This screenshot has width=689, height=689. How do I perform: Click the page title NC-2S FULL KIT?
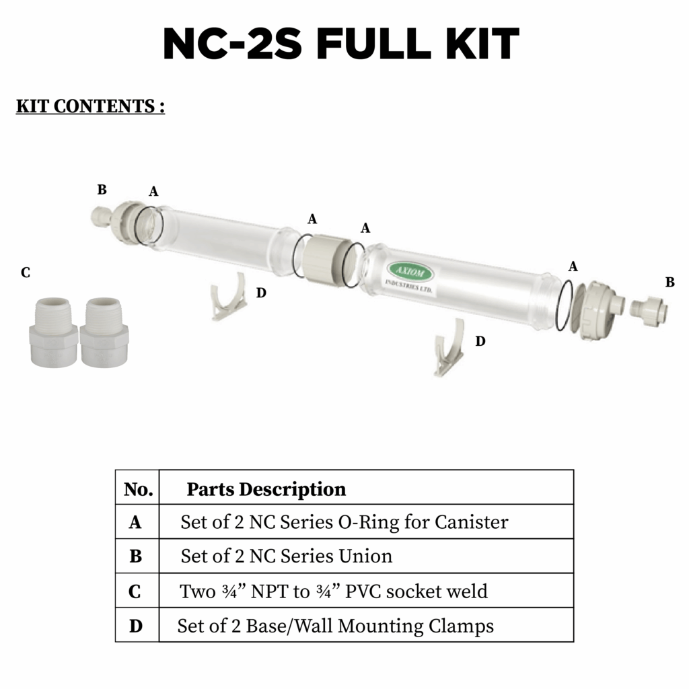(341, 46)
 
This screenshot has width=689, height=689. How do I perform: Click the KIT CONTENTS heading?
(90, 106)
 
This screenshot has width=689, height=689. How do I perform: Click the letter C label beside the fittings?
(26, 273)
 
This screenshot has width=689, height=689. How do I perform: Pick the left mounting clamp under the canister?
(227, 297)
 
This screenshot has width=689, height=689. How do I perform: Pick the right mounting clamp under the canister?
(449, 348)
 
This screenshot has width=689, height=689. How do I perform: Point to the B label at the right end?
(669, 283)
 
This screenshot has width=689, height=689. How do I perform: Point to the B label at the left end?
(102, 190)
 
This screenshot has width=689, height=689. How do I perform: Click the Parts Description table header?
(266, 489)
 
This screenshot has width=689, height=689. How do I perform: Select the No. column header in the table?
(138, 489)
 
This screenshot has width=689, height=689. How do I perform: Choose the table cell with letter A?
(135, 522)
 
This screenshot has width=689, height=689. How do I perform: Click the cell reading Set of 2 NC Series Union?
(286, 556)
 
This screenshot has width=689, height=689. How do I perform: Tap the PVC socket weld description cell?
(333, 591)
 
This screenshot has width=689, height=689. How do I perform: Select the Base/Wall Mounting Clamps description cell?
(335, 626)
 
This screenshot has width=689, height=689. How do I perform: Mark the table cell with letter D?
(136, 626)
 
